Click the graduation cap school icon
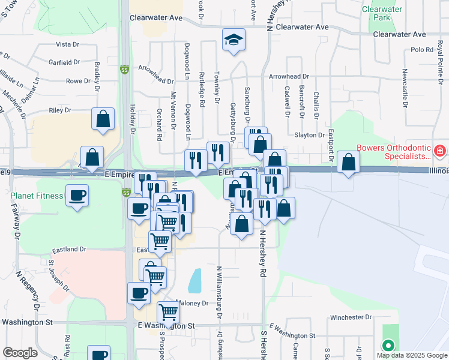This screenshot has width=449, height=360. tap(234, 40)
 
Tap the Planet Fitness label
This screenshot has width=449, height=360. tap(37, 196)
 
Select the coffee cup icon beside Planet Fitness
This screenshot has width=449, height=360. tap(77, 196)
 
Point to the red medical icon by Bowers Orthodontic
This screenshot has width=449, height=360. tap(440, 149)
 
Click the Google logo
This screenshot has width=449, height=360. tap(20, 352)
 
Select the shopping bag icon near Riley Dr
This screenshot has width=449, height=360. tap(103, 118)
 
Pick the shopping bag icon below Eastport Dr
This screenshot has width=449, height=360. tap(349, 161)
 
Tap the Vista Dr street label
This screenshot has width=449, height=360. tap(67, 44)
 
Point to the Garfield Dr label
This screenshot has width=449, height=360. tap(64, 62)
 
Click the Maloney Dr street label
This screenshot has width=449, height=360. tap(192, 303)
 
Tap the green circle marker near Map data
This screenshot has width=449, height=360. tap(388, 346)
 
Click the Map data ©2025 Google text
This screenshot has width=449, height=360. tap(411, 355)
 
